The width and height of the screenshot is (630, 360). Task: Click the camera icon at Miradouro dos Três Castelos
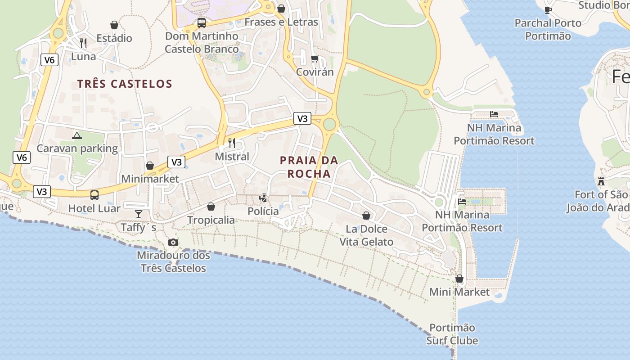tap(173, 242)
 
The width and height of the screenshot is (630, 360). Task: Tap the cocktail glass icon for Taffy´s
tap(138, 214)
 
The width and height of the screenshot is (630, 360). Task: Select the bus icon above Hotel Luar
tap(94, 195)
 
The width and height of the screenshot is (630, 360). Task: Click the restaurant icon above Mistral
tap(232, 143)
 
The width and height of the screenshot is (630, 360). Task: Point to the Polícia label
tap(263, 211)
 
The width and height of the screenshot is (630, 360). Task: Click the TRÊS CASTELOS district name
tap(125, 84)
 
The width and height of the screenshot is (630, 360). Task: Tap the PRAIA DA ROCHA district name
tap(309, 167)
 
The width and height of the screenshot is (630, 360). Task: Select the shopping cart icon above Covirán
tap(315, 58)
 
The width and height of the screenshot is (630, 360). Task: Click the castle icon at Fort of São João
tap(601, 181)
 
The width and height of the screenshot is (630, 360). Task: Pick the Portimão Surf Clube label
tap(452, 334)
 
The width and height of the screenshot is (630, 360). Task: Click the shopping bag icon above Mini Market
tap(459, 279)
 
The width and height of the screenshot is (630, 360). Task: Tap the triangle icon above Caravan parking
tap(77, 135)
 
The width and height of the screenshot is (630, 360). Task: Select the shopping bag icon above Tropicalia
tap(211, 207)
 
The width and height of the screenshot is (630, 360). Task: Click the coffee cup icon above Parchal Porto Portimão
tap(548, 9)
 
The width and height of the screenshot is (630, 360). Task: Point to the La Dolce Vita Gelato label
tap(366, 235)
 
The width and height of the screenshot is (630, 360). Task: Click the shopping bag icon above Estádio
tap(114, 25)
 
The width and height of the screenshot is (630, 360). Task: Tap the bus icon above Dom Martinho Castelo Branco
tap(202, 22)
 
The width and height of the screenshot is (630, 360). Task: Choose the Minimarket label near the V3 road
tap(150, 179)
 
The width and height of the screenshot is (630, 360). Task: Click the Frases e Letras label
tap(281, 22)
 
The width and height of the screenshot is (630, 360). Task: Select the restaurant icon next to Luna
tap(83, 43)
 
